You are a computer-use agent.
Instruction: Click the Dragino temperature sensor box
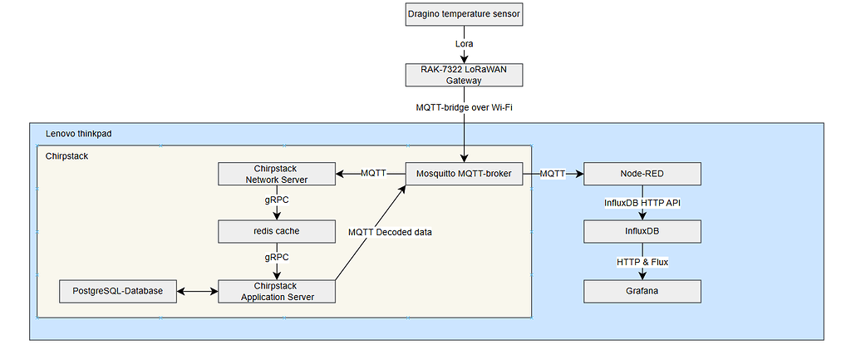465,14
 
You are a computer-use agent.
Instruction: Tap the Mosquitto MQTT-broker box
465,174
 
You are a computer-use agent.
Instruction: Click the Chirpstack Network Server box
276,174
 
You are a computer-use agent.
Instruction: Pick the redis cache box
276,231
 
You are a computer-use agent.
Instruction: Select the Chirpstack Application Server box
276,291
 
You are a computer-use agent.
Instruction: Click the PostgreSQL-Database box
118,291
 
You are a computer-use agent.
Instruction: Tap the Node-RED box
642,174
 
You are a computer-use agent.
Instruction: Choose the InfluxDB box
642,231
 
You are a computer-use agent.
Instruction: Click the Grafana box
642,291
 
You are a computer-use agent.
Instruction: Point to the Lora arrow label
465,43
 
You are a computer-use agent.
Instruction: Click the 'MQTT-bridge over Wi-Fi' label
465,107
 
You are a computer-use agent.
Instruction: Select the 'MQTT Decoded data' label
389,232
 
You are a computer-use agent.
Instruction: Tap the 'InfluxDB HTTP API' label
642,203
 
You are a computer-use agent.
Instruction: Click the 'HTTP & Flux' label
642,262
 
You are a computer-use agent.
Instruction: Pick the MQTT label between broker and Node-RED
553,174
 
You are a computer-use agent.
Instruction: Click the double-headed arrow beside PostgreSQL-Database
197,291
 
